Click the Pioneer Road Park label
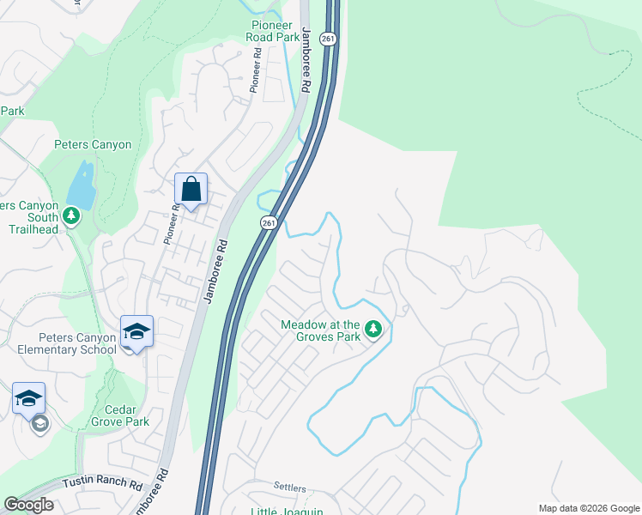click(275, 31)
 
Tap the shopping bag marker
click(191, 190)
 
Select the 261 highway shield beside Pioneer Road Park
click(327, 39)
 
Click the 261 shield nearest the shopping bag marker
click(269, 222)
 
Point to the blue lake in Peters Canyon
click(82, 186)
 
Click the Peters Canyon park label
click(93, 145)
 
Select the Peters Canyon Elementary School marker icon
click(136, 331)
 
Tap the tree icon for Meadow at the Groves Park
click(373, 329)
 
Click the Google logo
click(28, 505)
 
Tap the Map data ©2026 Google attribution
click(589, 508)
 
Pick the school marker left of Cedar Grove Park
click(28, 398)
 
